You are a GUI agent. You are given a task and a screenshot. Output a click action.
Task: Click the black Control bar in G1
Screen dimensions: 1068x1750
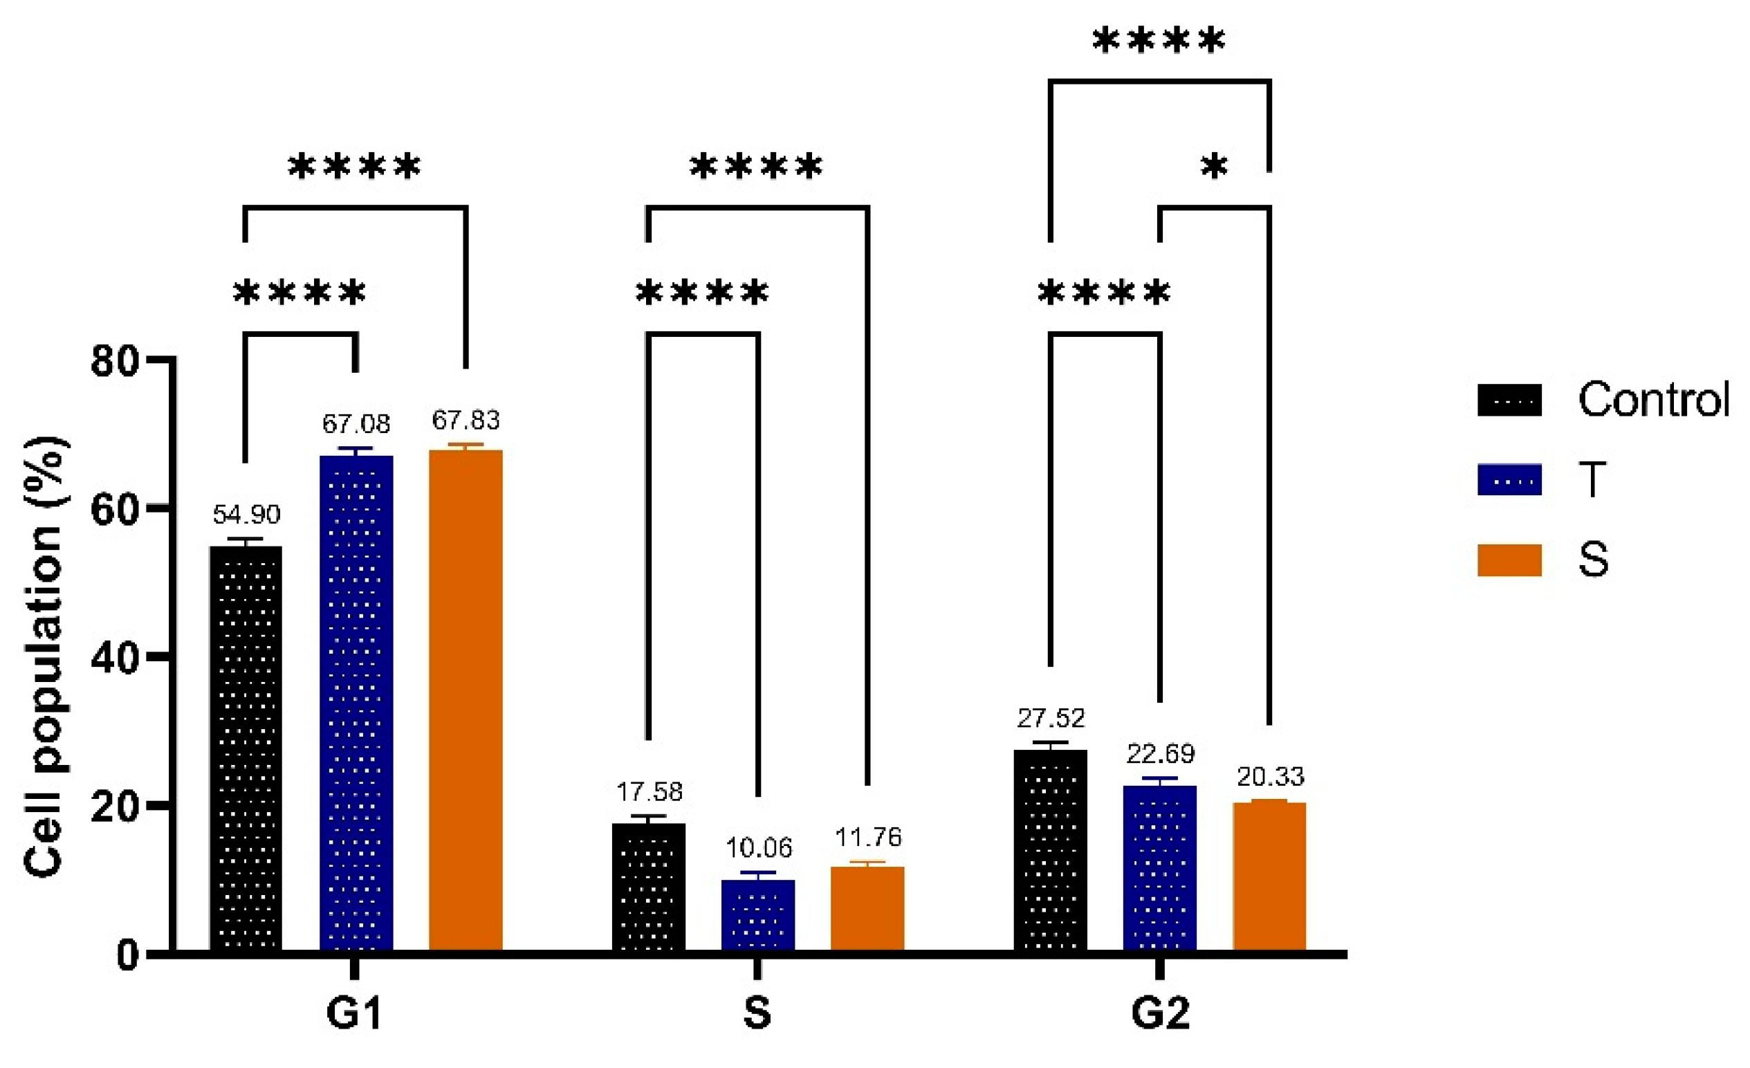(246, 748)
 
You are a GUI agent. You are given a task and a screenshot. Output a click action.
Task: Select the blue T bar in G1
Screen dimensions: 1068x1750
(356, 703)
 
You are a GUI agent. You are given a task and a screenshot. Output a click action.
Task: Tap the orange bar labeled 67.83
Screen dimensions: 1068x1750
(466, 700)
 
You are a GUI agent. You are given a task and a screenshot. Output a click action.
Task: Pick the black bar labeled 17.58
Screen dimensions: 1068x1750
(648, 887)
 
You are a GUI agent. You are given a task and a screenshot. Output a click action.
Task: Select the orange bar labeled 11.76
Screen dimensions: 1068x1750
(867, 908)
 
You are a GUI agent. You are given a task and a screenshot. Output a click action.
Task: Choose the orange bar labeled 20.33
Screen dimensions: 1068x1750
(1269, 876)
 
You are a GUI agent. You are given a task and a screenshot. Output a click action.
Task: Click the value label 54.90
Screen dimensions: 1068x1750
(246, 514)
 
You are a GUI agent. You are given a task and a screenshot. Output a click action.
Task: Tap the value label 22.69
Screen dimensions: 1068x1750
(1161, 753)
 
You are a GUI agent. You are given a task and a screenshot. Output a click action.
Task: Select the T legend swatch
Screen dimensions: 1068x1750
(1509, 479)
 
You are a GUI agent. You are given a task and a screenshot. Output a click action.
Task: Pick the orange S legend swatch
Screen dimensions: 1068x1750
(1509, 560)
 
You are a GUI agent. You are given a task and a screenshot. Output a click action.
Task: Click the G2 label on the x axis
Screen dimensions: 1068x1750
(1160, 1013)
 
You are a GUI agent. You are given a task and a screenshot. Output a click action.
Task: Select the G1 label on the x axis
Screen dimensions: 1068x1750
(354, 1013)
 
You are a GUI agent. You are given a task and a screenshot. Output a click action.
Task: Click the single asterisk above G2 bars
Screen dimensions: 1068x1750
(1214, 167)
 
